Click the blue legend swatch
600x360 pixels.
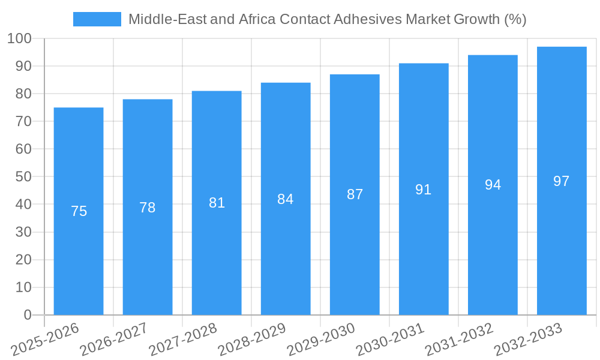pyautogui.click(x=97, y=19)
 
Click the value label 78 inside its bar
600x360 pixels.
pyautogui.click(x=148, y=208)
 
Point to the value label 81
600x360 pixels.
pyautogui.click(x=217, y=203)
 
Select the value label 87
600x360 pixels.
pyautogui.click(x=355, y=194)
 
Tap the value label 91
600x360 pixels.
pyautogui.click(x=424, y=190)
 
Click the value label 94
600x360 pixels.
pyautogui.click(x=493, y=185)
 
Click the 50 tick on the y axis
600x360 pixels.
pyautogui.click(x=23, y=176)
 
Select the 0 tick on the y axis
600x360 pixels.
pyautogui.click(x=27, y=315)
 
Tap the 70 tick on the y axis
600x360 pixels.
pyautogui.click(x=23, y=121)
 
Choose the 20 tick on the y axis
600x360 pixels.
pyautogui.click(x=23, y=260)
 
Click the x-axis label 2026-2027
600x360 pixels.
pyautogui.click(x=114, y=340)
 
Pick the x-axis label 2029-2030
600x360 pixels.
pyautogui.click(x=321, y=340)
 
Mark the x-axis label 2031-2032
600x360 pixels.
pyautogui.click(x=459, y=340)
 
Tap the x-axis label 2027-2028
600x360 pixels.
pyautogui.click(x=183, y=340)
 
